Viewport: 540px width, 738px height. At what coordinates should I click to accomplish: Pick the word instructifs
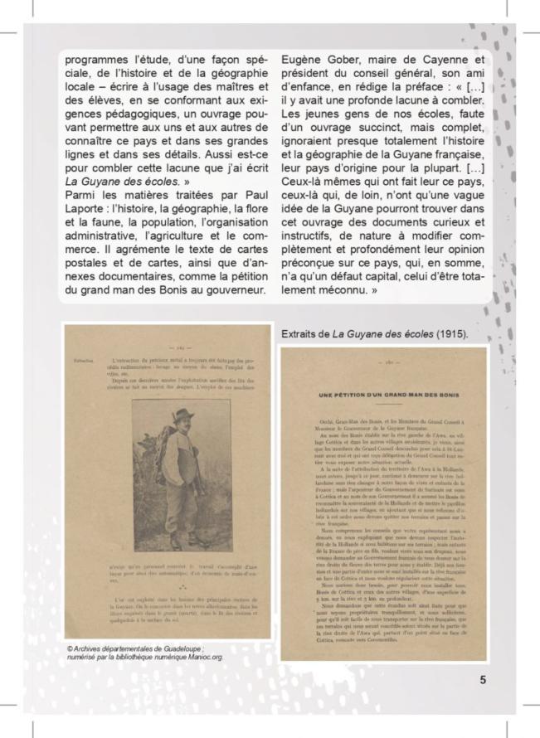click(x=312, y=241)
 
